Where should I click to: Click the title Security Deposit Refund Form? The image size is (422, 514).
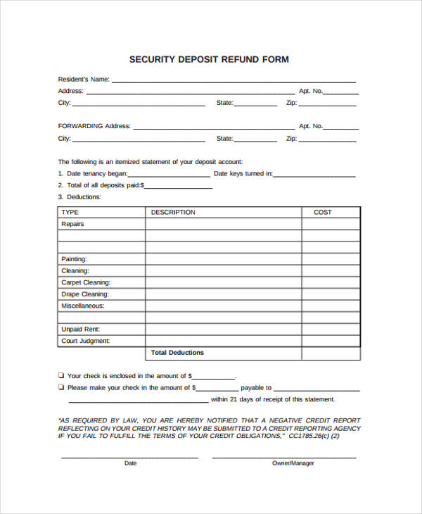point(209,60)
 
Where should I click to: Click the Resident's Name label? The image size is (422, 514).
point(83,80)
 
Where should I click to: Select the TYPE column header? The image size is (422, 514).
point(70,212)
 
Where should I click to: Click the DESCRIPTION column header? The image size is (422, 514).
point(173,212)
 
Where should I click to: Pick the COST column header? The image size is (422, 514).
point(322,212)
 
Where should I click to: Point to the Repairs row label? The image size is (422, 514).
point(72,224)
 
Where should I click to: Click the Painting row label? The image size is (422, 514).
point(74,259)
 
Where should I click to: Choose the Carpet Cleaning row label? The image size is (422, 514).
point(85,282)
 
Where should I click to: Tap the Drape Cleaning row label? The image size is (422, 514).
point(84,294)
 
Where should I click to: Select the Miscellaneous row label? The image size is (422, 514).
point(82,306)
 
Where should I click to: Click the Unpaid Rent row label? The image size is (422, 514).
point(80,329)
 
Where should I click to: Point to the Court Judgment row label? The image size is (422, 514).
point(85,341)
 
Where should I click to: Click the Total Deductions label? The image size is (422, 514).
point(177,353)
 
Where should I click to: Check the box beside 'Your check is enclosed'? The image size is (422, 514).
point(61,375)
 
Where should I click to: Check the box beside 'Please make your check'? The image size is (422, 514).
point(61,387)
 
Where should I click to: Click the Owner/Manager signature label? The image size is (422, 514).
point(293,463)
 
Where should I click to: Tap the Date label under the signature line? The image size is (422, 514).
point(130,463)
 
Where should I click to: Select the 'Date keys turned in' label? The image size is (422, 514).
point(243,173)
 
